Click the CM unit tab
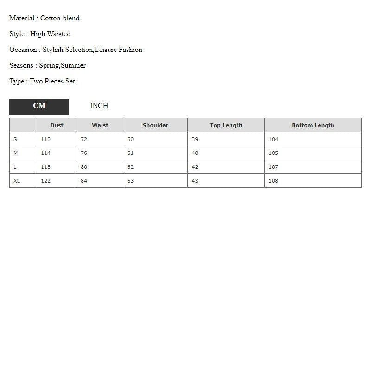click(x=39, y=106)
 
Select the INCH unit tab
click(x=99, y=106)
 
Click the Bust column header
click(x=57, y=125)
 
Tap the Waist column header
click(x=100, y=125)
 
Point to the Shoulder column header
click(x=155, y=125)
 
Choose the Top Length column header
click(x=226, y=125)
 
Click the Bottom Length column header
click(x=313, y=125)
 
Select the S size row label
click(x=15, y=139)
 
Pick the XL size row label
click(x=17, y=181)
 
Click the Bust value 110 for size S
click(x=45, y=139)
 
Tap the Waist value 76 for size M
click(x=84, y=153)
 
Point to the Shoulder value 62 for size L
click(x=130, y=167)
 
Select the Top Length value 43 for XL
click(x=195, y=181)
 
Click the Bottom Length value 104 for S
click(x=274, y=139)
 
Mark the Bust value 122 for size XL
click(x=45, y=181)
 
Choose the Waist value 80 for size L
click(x=84, y=167)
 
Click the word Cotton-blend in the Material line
click(x=60, y=19)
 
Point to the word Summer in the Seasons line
click(x=73, y=66)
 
